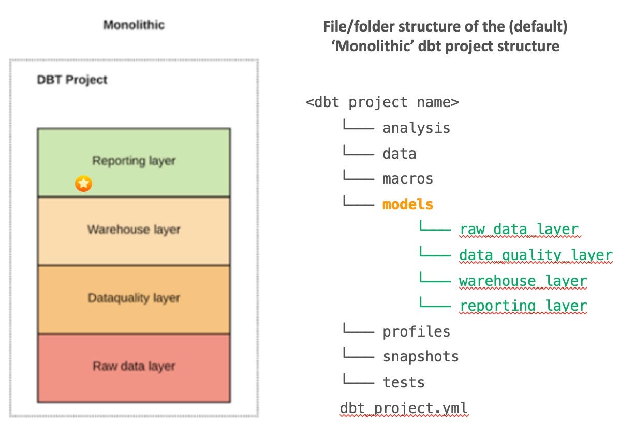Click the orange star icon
(x=83, y=184)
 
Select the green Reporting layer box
(x=134, y=161)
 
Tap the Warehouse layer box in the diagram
(x=134, y=230)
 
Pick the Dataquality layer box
(x=134, y=298)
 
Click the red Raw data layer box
(x=134, y=367)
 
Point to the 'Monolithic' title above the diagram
(x=134, y=25)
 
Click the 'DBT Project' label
(x=72, y=80)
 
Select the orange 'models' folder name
(x=407, y=204)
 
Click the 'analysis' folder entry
(x=416, y=128)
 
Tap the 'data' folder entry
(x=399, y=154)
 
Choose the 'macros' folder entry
(x=407, y=179)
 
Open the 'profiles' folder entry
(x=416, y=331)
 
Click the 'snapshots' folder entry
(x=420, y=357)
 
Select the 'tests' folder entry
(x=403, y=382)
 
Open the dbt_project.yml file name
(x=404, y=408)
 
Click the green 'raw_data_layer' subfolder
(x=519, y=230)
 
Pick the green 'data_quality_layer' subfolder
(x=536, y=255)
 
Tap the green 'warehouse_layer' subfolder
(x=523, y=281)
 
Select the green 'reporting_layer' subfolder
(x=523, y=306)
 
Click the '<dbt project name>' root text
(x=382, y=102)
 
